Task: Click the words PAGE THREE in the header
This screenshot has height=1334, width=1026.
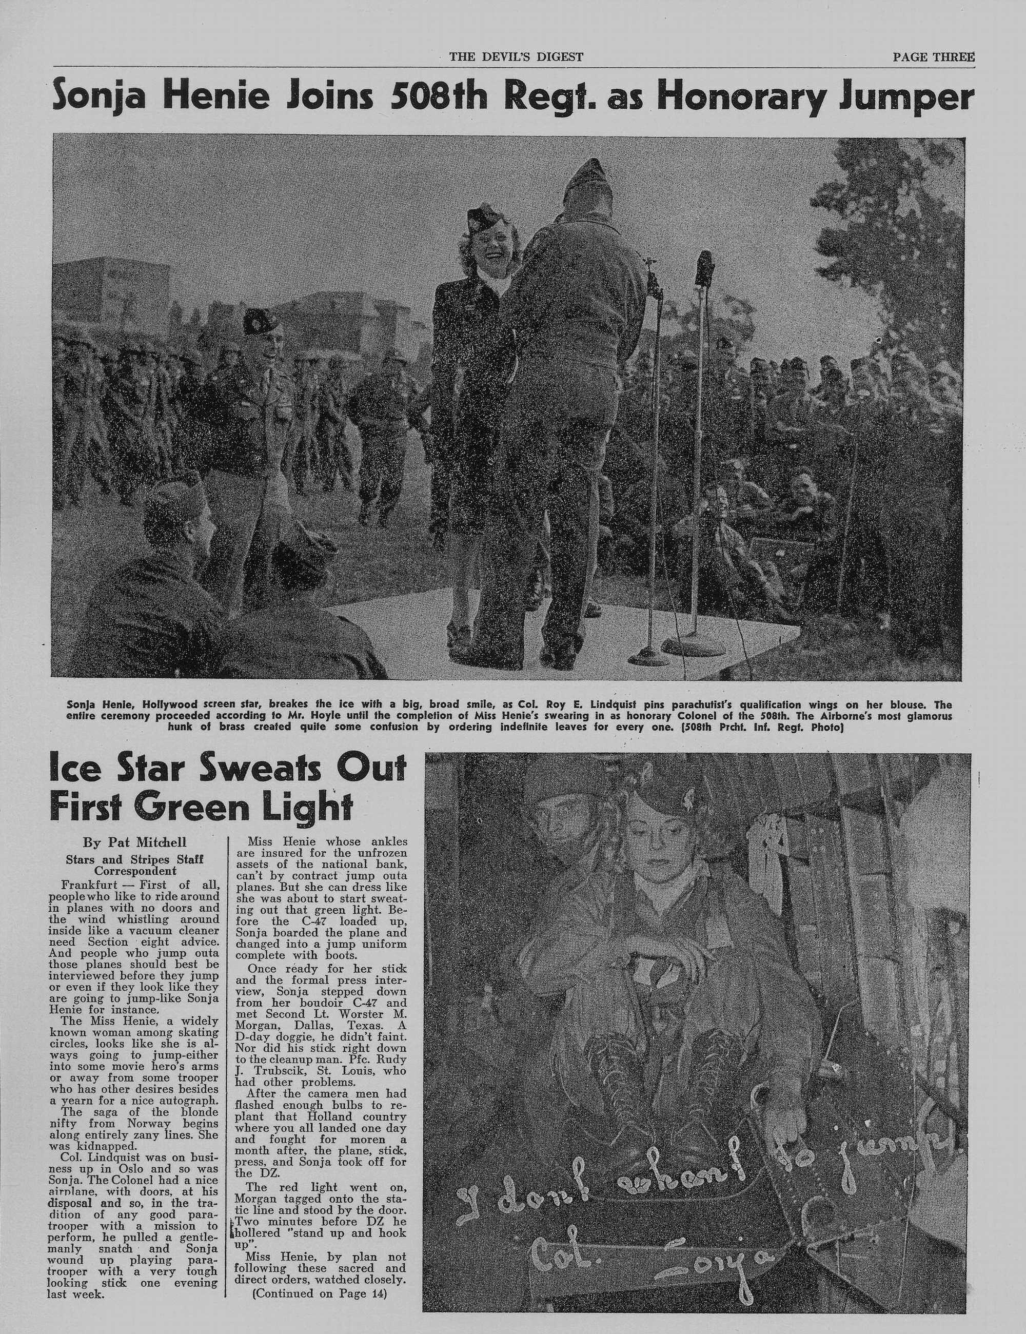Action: (933, 57)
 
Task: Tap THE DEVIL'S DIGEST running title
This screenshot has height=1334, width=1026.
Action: (516, 57)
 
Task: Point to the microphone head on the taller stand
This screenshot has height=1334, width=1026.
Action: (705, 267)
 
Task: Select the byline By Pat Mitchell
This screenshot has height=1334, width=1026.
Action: (135, 843)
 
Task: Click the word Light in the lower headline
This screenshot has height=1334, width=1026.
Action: (305, 808)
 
